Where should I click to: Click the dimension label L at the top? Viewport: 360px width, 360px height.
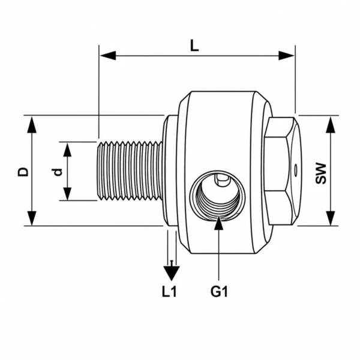tap(194, 46)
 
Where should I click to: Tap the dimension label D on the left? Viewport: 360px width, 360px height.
tap(23, 172)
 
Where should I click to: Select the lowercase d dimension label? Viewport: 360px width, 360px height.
tap(58, 172)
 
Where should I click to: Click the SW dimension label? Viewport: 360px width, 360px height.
tap(320, 173)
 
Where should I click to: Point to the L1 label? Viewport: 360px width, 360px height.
tap(169, 292)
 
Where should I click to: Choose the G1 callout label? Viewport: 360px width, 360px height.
tap(219, 292)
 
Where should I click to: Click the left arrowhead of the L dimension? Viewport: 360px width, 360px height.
tap(108, 56)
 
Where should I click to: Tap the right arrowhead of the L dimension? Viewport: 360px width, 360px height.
tap(286, 56)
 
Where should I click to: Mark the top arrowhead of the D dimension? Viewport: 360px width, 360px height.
tap(32, 125)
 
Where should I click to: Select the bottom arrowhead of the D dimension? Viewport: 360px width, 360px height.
tap(32, 218)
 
